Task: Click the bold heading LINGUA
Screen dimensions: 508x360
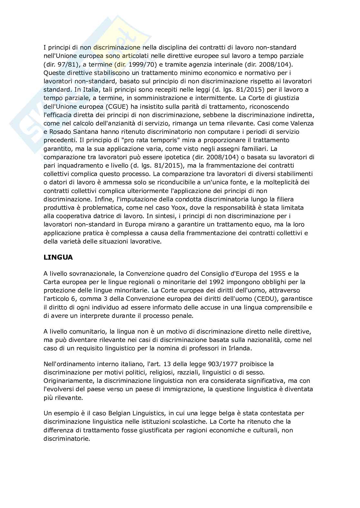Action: tap(58, 257)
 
